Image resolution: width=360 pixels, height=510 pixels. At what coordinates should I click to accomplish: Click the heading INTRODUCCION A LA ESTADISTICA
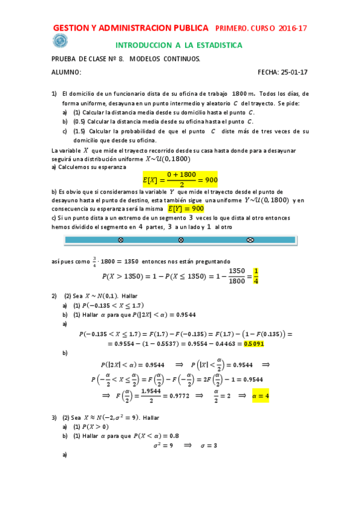pos(178,45)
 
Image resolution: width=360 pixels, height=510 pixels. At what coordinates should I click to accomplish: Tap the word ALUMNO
pos(65,72)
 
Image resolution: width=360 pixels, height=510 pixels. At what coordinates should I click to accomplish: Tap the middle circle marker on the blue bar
pos(180,240)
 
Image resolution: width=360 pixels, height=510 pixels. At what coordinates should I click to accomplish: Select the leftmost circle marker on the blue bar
pos(120,240)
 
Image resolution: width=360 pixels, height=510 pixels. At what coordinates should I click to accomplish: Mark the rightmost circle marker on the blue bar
pos(251,240)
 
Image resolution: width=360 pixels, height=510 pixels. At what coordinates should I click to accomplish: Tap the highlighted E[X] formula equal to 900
pos(179,179)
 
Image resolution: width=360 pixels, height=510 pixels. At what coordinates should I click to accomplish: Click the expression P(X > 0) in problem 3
pos(90,426)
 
